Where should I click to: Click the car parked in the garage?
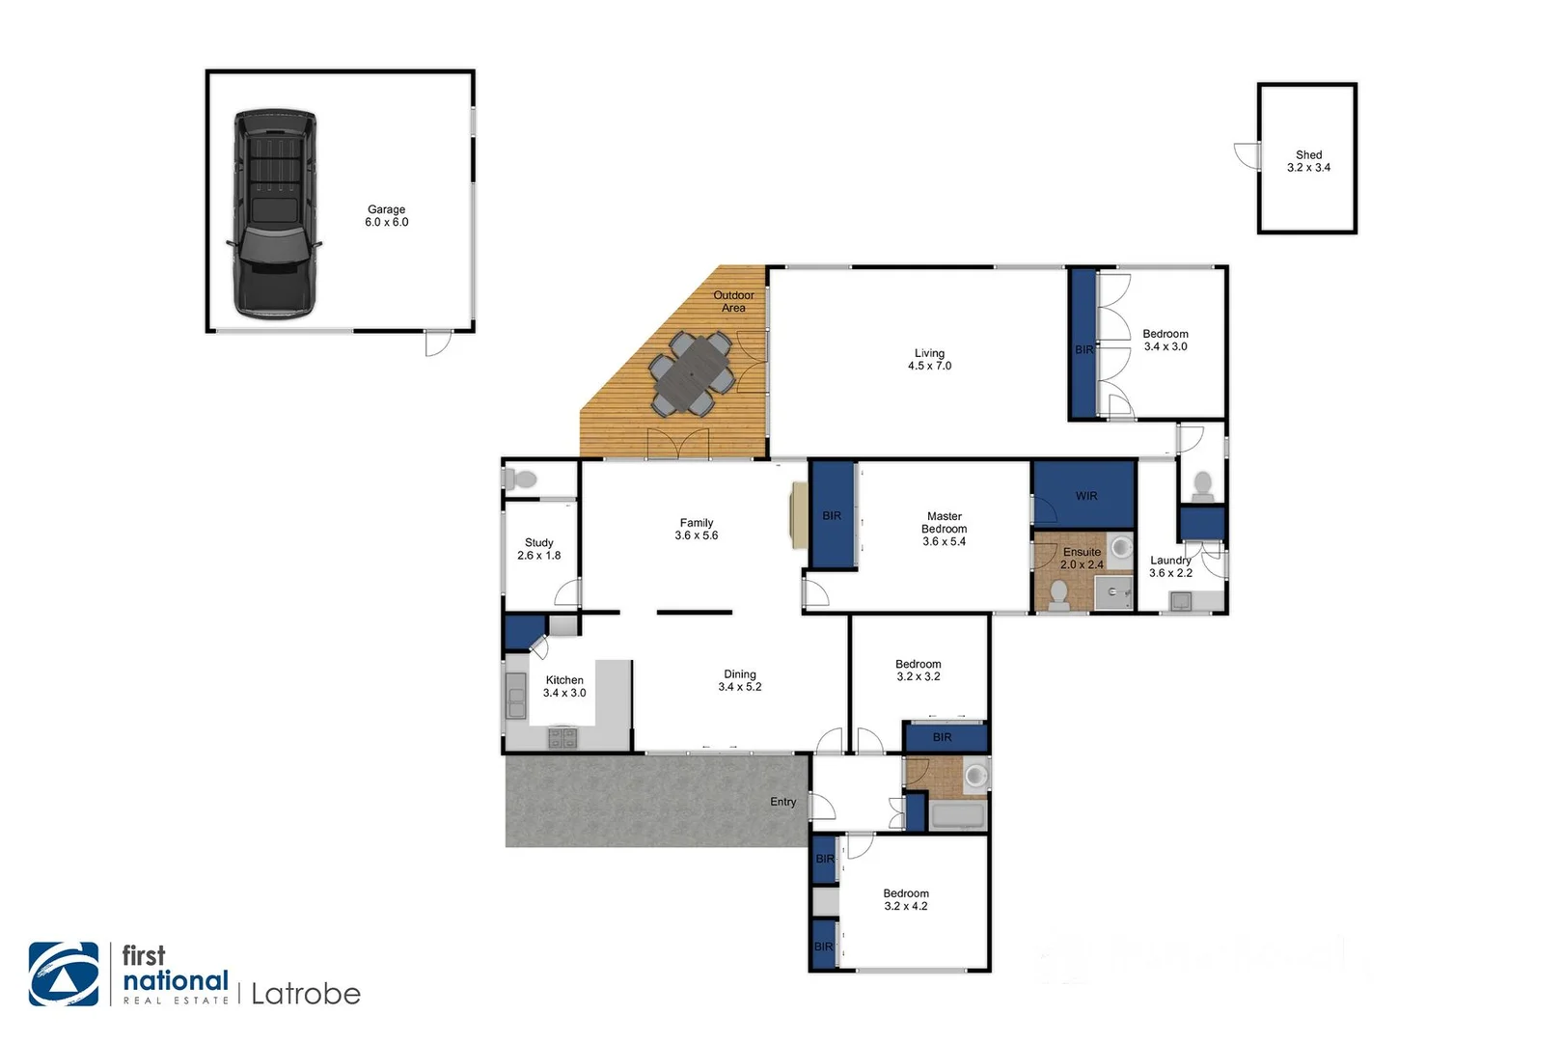pos(275,214)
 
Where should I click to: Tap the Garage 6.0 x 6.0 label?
pos(386,216)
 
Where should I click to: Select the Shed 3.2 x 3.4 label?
pos(1308,161)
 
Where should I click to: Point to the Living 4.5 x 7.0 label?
pos(929,360)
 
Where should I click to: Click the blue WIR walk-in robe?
pos(1084,495)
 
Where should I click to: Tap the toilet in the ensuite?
pos(1058,595)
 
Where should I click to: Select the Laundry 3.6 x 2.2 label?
pos(1170,566)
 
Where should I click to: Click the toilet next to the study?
pos(522,479)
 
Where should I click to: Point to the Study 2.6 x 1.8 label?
pos(538,549)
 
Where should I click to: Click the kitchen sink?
pos(516,694)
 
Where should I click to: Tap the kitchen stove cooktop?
pos(562,738)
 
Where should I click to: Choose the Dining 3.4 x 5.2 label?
pos(740,680)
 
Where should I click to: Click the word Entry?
pos(782,802)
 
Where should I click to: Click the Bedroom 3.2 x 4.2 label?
pos(906,899)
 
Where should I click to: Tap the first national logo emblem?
pos(64,974)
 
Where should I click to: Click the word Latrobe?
pos(305,994)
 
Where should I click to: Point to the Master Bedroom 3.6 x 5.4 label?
pos(944,529)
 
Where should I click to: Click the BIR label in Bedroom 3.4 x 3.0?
pos(1083,349)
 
